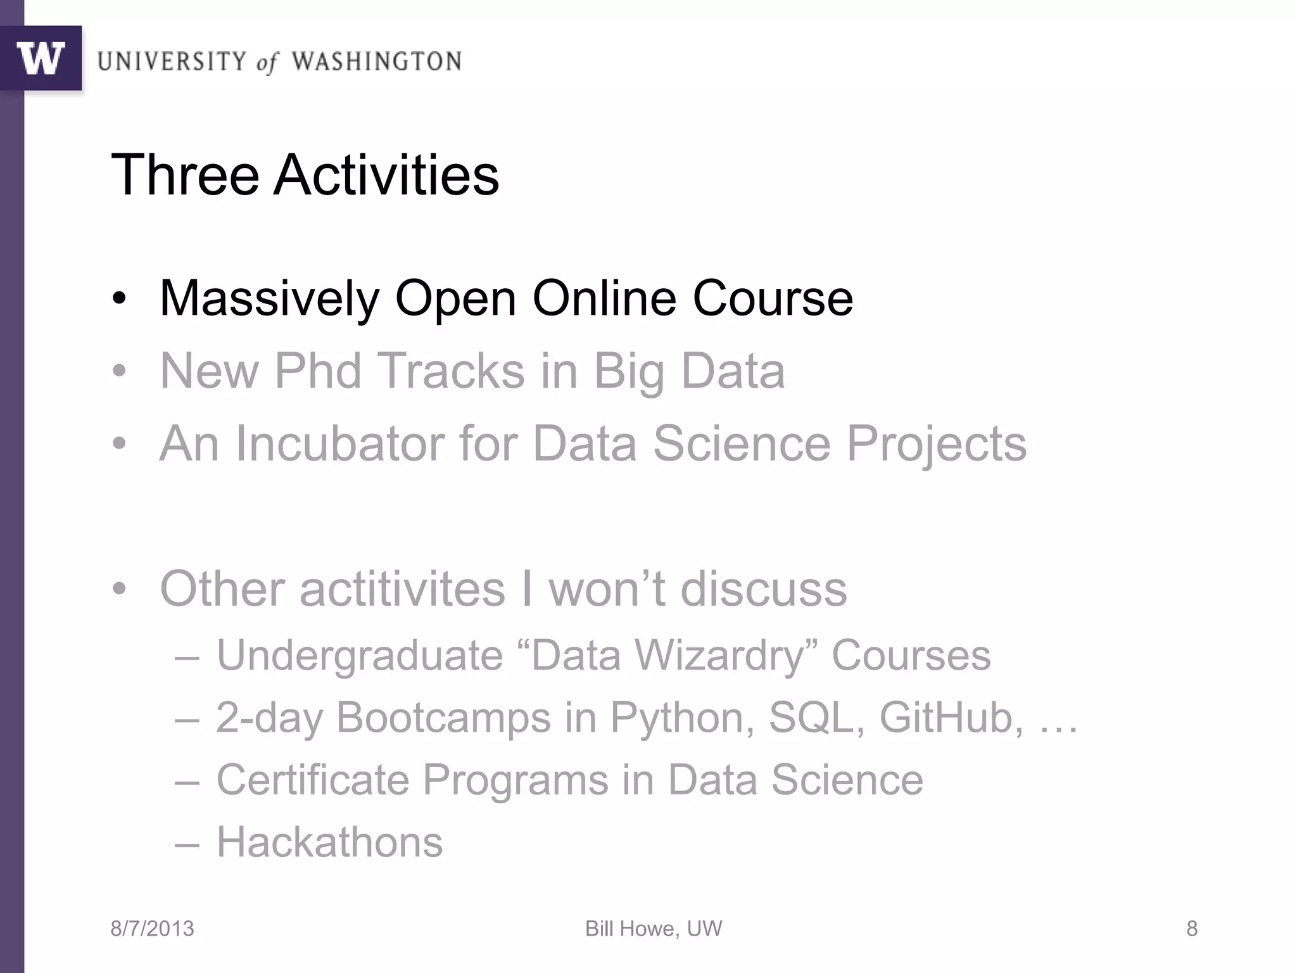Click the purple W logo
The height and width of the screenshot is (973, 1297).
tap(41, 58)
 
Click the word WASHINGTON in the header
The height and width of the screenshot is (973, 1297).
tap(376, 61)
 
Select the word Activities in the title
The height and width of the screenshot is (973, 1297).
tap(386, 175)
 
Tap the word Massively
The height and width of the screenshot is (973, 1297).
tap(270, 298)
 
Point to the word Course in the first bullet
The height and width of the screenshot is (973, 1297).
tap(773, 298)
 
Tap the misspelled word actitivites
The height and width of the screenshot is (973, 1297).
tap(403, 588)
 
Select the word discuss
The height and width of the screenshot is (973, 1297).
tap(763, 588)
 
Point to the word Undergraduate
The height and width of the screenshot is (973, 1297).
tap(360, 655)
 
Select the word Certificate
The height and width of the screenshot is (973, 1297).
tap(313, 779)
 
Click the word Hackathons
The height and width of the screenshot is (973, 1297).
tap(329, 842)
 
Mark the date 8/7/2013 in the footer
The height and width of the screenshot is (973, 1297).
tap(152, 929)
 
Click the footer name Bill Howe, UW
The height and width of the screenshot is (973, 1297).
tap(653, 929)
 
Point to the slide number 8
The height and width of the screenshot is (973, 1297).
tap(1191, 929)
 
